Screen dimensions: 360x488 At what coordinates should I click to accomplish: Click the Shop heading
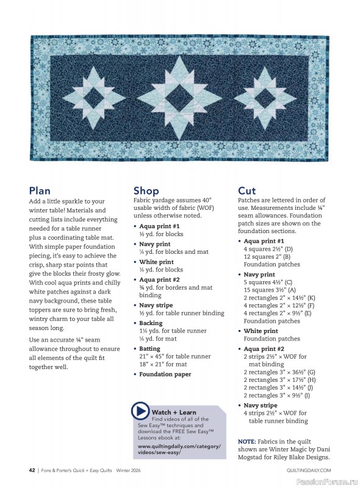click(x=146, y=191)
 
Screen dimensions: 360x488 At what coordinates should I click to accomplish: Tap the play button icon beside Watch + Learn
click(x=141, y=412)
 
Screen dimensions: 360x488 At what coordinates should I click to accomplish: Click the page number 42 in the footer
click(x=31, y=470)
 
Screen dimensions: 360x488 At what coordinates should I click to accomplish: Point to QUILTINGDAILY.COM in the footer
click(x=308, y=470)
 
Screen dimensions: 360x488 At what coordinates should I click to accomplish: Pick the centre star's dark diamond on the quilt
click(x=181, y=96)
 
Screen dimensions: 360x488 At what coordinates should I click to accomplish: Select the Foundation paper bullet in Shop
click(x=165, y=375)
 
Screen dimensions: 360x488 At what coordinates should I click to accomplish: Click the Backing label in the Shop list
click(x=151, y=323)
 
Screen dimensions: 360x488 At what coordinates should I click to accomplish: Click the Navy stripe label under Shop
click(x=156, y=305)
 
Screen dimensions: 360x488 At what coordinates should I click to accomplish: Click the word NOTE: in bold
click(x=247, y=440)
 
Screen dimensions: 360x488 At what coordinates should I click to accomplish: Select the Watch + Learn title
click(x=174, y=412)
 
